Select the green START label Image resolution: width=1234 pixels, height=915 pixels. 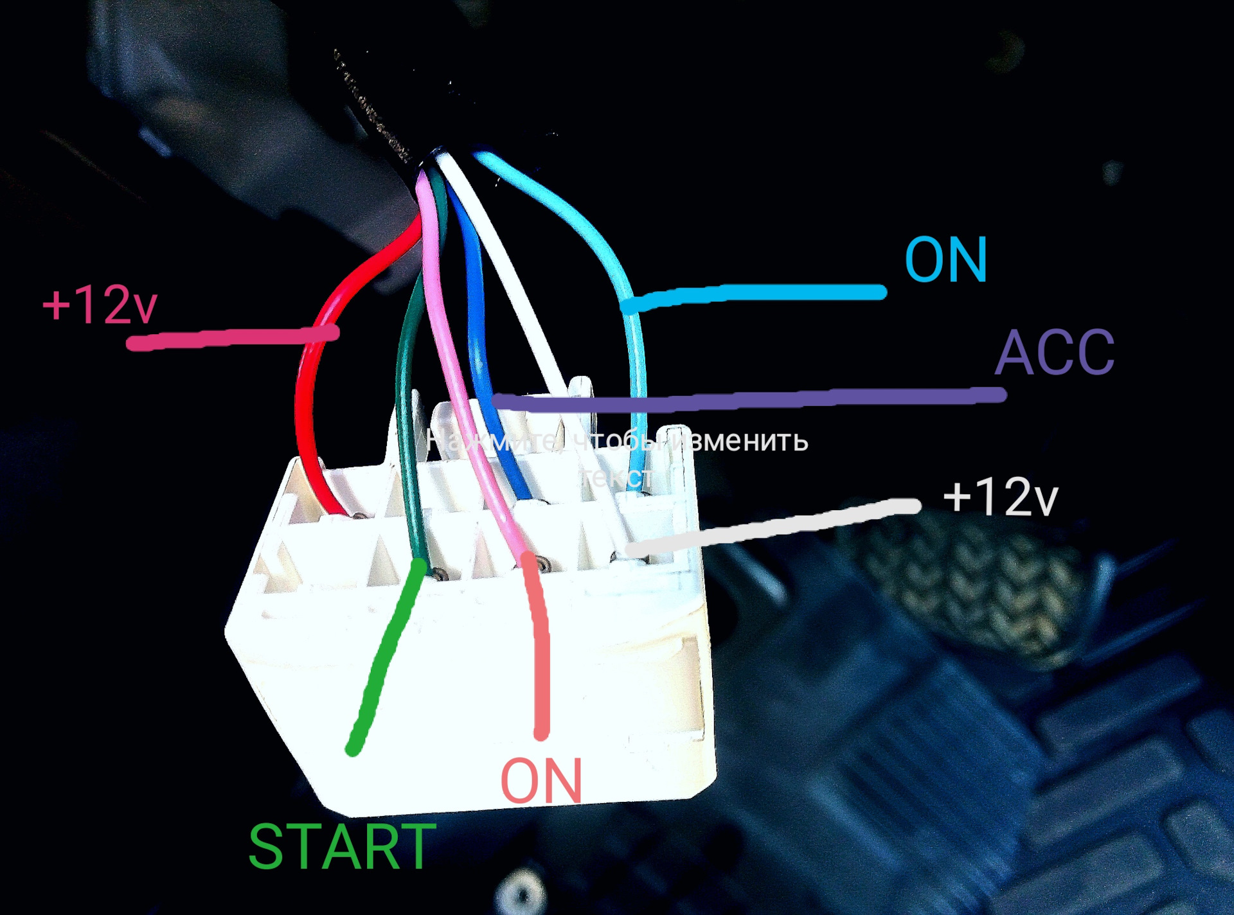[x=341, y=846]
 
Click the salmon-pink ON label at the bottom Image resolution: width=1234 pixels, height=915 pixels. [x=541, y=781]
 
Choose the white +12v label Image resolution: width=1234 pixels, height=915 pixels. [x=1000, y=497]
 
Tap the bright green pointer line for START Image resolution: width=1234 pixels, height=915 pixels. [x=382, y=662]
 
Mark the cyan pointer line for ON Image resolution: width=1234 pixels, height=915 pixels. [x=758, y=294]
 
